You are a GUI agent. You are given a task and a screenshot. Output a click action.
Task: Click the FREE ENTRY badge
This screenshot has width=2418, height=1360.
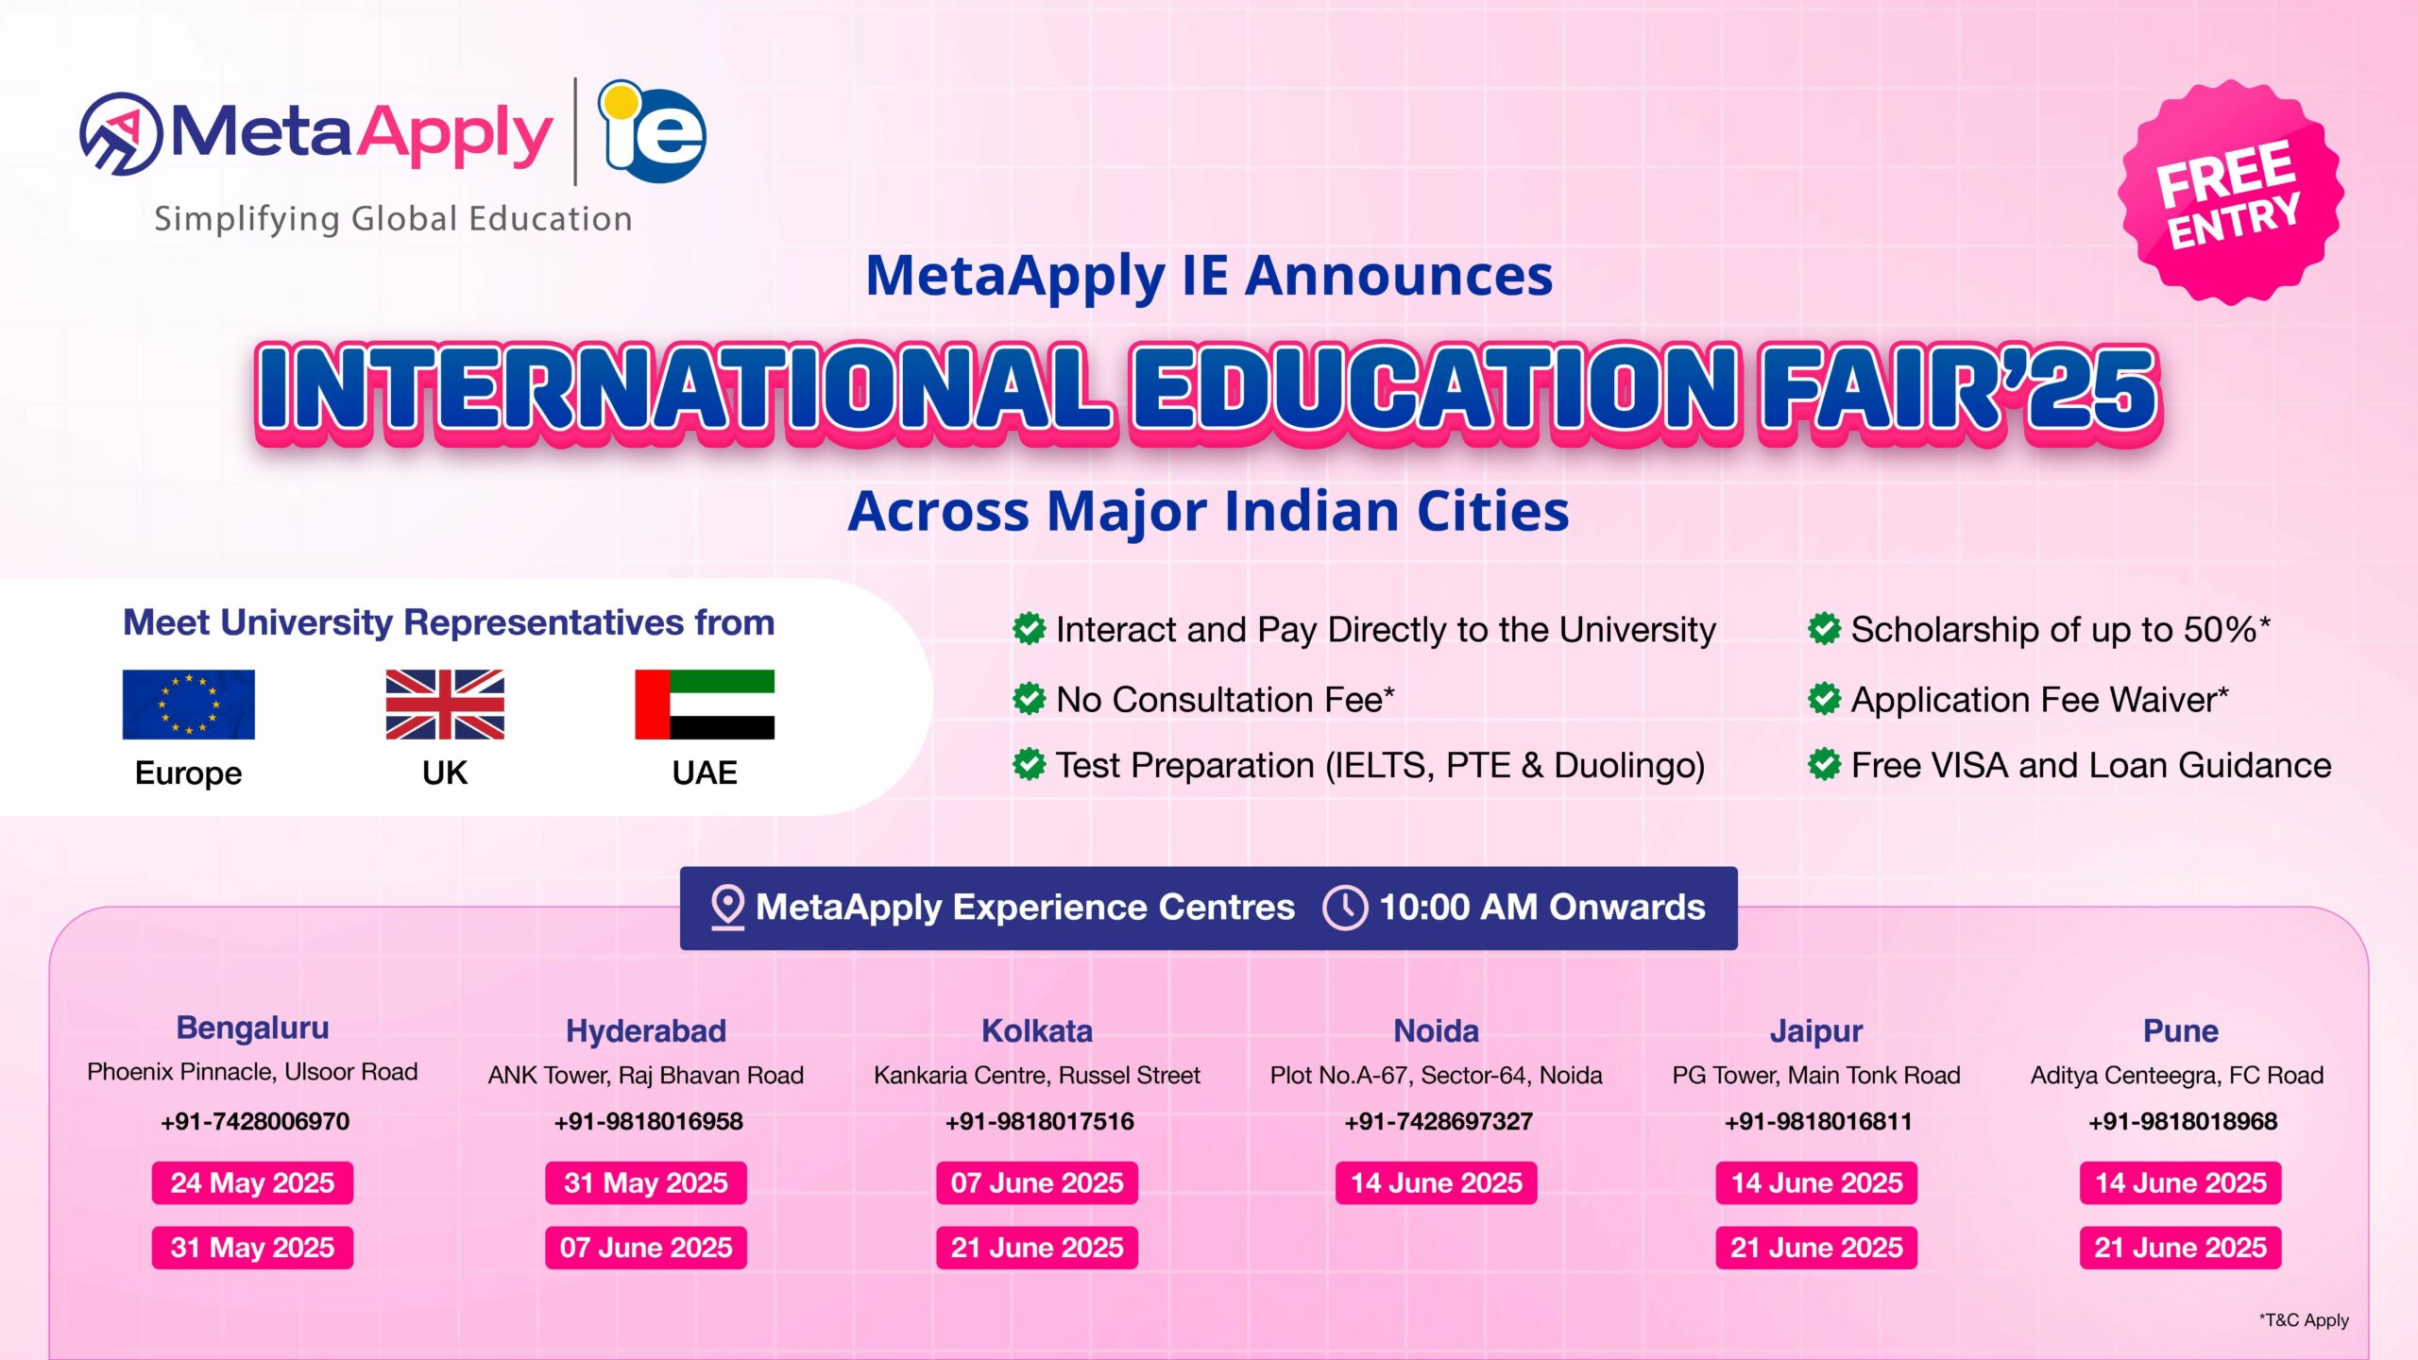(x=2230, y=193)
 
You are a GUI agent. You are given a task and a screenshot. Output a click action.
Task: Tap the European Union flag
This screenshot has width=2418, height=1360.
(x=188, y=705)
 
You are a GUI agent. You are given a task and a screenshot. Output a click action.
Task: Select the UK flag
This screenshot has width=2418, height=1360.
(x=445, y=705)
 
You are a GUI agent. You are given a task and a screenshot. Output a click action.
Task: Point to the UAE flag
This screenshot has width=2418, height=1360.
(x=705, y=705)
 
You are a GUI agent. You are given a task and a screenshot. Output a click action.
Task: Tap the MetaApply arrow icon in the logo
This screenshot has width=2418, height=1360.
(x=122, y=134)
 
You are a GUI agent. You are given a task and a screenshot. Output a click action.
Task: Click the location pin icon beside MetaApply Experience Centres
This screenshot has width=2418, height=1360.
(x=727, y=907)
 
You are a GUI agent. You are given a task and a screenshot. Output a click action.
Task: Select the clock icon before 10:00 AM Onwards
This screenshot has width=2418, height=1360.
(x=1345, y=908)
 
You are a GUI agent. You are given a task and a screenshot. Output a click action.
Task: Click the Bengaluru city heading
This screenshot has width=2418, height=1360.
(x=252, y=1028)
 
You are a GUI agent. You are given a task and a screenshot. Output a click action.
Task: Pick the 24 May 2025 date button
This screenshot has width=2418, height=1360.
(x=252, y=1183)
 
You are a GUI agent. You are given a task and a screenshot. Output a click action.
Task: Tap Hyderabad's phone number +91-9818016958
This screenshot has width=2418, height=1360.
(x=648, y=1122)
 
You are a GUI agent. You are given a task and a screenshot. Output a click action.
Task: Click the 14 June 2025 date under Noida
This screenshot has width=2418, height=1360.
(x=1436, y=1183)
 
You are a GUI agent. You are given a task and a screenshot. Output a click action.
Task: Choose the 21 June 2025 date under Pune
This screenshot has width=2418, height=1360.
(x=2180, y=1248)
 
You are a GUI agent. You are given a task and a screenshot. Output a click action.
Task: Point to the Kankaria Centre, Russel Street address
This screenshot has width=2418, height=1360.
(x=1036, y=1076)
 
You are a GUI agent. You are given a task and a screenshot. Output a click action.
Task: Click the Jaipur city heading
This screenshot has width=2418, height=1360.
(x=1815, y=1031)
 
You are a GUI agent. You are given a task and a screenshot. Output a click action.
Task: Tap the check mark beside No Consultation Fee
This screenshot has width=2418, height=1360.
(x=1029, y=700)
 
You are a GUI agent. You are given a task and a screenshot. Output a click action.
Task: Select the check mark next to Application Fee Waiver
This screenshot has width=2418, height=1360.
(x=1824, y=700)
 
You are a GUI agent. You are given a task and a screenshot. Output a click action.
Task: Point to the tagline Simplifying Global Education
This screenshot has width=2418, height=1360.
(x=393, y=219)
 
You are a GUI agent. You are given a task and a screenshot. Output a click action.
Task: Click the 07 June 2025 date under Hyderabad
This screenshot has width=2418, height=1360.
(x=646, y=1248)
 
